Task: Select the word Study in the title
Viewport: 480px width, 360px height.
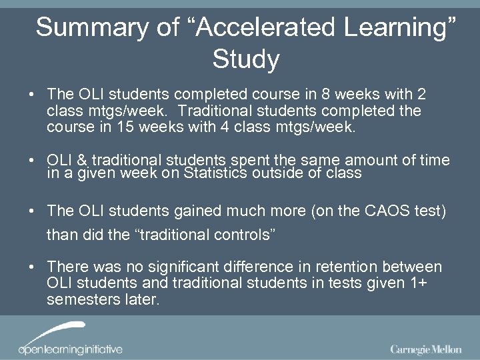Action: coord(245,60)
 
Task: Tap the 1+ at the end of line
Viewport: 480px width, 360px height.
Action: coord(419,283)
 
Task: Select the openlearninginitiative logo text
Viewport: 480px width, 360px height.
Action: coord(70,349)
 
